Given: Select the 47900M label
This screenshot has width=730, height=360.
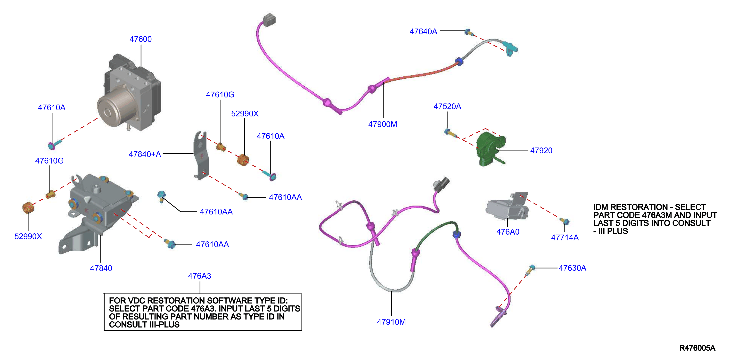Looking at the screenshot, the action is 383,124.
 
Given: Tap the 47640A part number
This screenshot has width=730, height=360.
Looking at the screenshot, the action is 423,32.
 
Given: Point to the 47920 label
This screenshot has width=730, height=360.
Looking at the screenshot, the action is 541,150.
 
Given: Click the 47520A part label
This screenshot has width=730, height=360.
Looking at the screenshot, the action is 447,106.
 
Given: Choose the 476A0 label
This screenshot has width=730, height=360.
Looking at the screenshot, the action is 508,232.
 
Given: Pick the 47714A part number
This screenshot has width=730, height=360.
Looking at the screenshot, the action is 565,237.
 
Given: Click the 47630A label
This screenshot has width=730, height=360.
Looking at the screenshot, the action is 573,268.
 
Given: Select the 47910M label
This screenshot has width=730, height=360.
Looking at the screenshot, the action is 391,322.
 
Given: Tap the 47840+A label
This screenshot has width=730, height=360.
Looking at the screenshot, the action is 145,154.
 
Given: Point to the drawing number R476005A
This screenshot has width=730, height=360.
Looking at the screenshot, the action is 697,348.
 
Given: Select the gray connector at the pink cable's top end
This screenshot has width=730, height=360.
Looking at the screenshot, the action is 269,20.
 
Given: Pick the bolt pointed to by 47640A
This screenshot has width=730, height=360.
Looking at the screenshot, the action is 469,32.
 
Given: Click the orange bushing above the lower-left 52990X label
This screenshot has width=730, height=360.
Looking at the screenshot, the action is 28,207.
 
